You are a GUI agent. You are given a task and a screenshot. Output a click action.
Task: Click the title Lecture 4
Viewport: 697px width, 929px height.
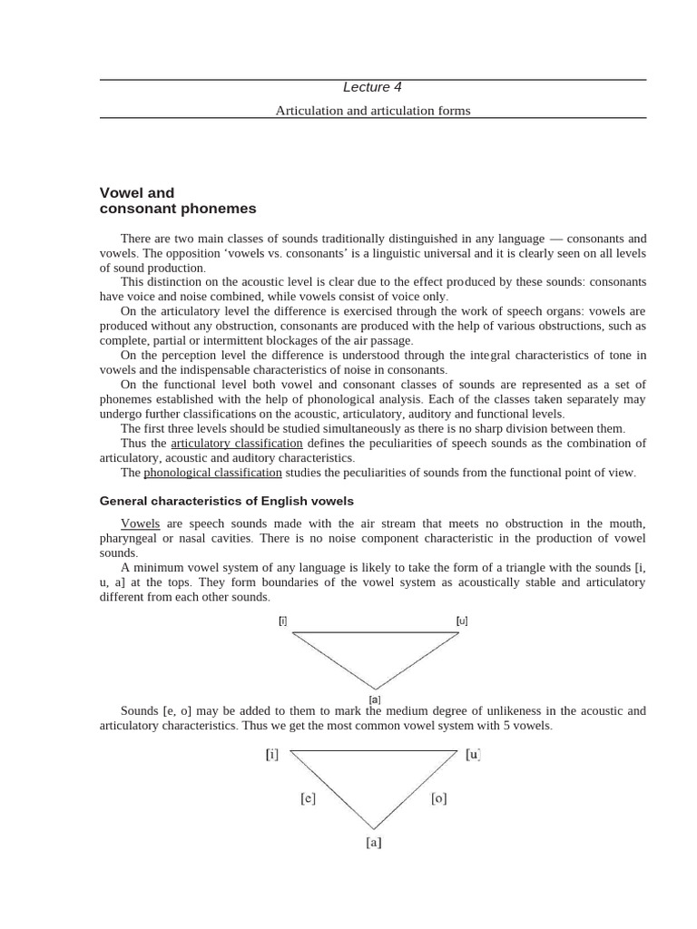(x=372, y=87)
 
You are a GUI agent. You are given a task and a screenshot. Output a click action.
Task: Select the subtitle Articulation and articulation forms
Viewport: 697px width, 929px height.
(x=372, y=111)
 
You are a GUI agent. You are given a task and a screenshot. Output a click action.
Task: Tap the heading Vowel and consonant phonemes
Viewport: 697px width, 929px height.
(x=177, y=200)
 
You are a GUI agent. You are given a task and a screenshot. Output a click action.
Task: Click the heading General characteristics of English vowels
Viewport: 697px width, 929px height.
(x=226, y=501)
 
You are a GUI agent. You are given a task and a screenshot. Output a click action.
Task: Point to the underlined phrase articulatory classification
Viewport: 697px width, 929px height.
(x=237, y=444)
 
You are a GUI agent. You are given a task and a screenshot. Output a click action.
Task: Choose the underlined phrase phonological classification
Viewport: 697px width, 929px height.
(x=212, y=473)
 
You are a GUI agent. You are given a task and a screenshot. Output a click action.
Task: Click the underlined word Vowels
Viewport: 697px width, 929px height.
(x=140, y=523)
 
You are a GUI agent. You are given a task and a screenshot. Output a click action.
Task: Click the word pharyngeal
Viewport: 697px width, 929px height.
(x=130, y=538)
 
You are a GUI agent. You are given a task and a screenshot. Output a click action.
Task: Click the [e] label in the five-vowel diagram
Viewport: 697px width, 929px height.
(x=308, y=799)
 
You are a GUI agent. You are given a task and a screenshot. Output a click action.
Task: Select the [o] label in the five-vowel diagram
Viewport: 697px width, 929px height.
(x=437, y=799)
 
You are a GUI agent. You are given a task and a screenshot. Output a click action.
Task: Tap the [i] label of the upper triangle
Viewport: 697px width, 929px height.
(x=283, y=621)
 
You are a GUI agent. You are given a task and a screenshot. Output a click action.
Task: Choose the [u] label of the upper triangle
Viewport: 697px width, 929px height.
(x=462, y=621)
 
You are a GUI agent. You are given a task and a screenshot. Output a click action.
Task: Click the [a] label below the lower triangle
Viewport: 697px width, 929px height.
(x=374, y=843)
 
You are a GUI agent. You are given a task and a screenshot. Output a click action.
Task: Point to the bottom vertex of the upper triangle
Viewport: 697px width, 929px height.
(x=375, y=689)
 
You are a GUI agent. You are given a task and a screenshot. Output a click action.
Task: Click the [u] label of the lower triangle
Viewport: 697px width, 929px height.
(x=472, y=754)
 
